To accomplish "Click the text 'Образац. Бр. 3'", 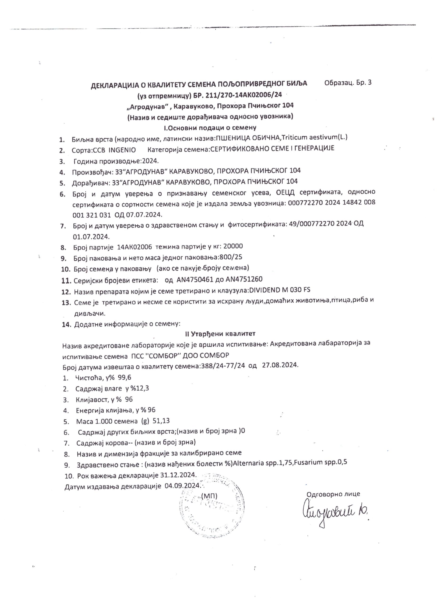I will pos(348,83).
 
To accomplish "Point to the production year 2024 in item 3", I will pos(150,161).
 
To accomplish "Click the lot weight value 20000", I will pos(233,246).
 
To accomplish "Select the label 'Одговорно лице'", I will pos(333,494).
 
